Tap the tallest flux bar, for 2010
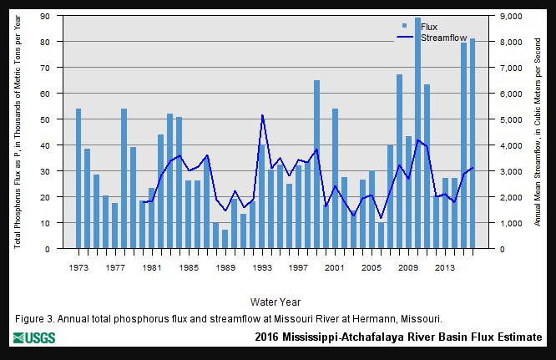point(417,134)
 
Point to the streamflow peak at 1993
point(262,115)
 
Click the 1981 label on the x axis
point(151,267)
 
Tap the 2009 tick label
point(408,267)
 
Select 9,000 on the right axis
point(510,16)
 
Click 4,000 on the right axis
point(510,145)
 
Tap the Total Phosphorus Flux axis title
point(18,132)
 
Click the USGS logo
point(34,338)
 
